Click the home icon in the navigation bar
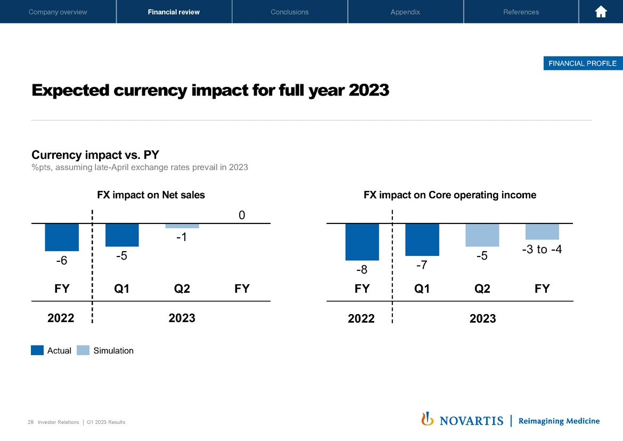601,12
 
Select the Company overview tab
58,12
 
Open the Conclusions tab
290,12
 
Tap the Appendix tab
405,12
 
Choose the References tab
521,12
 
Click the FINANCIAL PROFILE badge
582,63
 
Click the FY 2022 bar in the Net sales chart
62,237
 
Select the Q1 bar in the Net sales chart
122,235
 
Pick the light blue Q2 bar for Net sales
182,226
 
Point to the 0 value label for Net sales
242,215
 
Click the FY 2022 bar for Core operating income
362,242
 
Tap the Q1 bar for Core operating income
422,239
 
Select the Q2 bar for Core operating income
482,235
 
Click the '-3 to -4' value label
542,250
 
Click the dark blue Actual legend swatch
37,350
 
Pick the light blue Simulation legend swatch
83,350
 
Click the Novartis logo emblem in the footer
427,420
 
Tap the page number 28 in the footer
30,422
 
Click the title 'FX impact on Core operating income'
450,195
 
